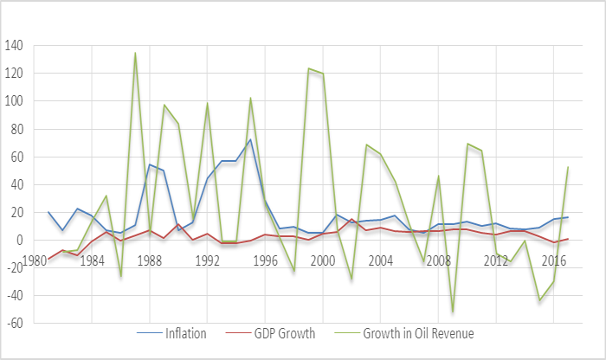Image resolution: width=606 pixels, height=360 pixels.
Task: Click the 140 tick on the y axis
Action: pyautogui.click(x=16, y=45)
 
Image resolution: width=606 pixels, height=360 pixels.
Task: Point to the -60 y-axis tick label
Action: pyautogui.click(x=16, y=323)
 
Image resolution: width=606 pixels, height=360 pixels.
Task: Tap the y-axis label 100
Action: pyautogui.click(x=16, y=100)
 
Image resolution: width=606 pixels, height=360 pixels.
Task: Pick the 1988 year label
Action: pyautogui.click(x=149, y=259)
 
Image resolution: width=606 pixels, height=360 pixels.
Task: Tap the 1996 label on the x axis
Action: pyautogui.click(x=265, y=259)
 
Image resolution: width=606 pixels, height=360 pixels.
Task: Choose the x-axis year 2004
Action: pyautogui.click(x=380, y=259)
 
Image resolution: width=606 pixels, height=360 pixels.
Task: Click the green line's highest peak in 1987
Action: pyautogui.click(x=135, y=53)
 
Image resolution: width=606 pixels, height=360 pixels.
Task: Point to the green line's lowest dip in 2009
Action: pyautogui.click(x=452, y=312)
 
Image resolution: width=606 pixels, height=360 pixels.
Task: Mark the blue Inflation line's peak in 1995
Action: pyautogui.click(x=250, y=139)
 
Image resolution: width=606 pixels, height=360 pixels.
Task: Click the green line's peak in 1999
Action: pyautogui.click(x=308, y=68)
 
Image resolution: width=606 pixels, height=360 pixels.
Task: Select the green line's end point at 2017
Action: pyautogui.click(x=568, y=167)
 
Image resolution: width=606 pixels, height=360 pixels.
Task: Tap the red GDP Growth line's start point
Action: pyautogui.click(x=48, y=259)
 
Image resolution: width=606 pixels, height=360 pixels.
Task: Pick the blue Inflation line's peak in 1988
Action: pyautogui.click(x=150, y=164)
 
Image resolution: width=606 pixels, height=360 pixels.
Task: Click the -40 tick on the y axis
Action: pyautogui.click(x=16, y=295)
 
